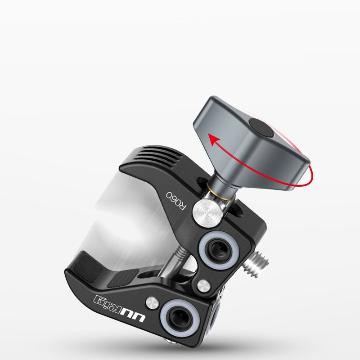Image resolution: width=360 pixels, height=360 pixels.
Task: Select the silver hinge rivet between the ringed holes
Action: coord(204,284)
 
